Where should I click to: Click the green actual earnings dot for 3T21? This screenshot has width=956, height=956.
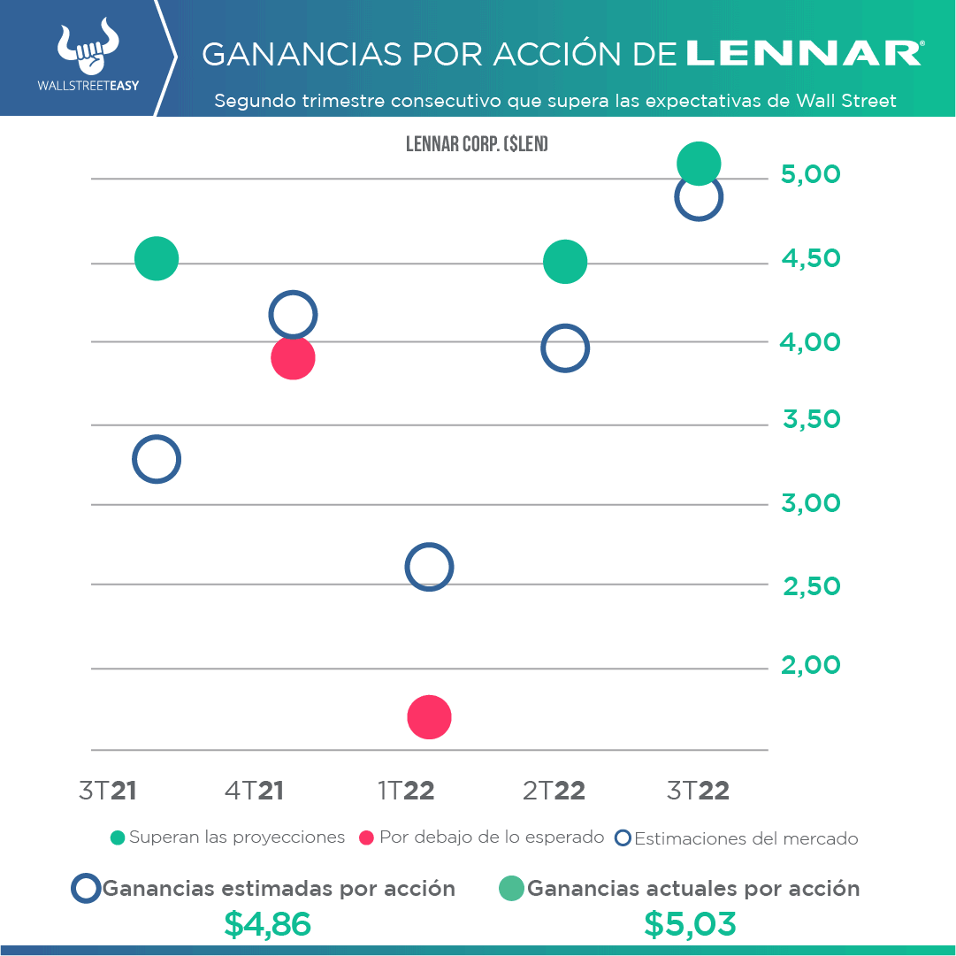pos(157,259)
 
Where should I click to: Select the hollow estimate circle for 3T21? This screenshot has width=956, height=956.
pos(157,460)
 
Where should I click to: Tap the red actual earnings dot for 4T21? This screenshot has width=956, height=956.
pos(293,358)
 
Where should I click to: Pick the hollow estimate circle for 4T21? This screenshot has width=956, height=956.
pos(293,315)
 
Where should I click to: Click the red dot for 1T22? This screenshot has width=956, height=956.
pos(429,717)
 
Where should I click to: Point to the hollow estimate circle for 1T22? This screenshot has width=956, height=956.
pos(429,568)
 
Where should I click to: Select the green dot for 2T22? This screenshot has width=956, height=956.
pos(565,262)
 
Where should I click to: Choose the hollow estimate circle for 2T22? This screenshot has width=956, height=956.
pos(565,349)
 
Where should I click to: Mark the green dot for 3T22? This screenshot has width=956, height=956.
pos(699,164)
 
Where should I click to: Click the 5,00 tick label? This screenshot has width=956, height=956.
pos(810,175)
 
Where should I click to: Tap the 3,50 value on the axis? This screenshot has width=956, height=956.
pos(811,420)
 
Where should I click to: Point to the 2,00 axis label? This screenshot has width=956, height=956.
pos(810,665)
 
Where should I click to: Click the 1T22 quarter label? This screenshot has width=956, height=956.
pos(406,791)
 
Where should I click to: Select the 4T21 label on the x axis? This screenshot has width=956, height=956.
pos(254,791)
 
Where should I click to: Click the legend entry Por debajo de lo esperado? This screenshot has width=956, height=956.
pos(482,837)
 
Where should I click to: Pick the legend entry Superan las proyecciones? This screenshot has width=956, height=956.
pos(227,837)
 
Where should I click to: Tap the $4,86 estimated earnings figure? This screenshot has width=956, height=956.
pos(267,924)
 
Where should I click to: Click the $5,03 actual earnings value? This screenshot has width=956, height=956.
pos(690,924)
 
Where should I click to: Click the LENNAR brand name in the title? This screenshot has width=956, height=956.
pos(803,54)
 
